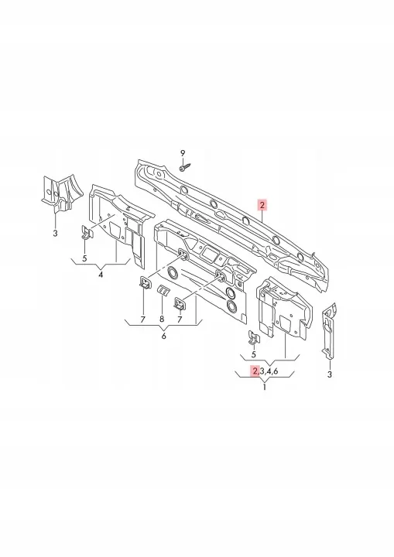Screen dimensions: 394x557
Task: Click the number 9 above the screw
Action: [x=183, y=153]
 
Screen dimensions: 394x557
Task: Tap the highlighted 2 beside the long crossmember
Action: [x=262, y=205]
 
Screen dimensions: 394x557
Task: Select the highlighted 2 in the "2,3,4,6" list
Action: [x=255, y=371]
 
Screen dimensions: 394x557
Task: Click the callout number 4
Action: [x=101, y=275]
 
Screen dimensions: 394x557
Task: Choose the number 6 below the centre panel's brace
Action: [x=163, y=336]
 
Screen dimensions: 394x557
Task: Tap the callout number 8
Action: [x=162, y=320]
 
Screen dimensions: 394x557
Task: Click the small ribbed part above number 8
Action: [x=163, y=290]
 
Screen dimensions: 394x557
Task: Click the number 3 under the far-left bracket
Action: [x=55, y=234]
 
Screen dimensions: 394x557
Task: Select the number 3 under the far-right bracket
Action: [x=329, y=374]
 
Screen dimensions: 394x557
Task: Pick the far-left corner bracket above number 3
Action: [x=61, y=193]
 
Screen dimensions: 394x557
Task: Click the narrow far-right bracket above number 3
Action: [x=329, y=331]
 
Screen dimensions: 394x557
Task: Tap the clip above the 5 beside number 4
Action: [x=86, y=232]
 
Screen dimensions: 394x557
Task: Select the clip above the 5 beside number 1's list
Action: [x=254, y=337]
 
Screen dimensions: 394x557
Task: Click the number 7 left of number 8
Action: [x=142, y=320]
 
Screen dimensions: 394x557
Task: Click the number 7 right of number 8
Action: [x=180, y=320]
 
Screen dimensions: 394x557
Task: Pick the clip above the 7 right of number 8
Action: [x=179, y=303]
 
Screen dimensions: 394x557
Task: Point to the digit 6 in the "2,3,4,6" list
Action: [x=276, y=371]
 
